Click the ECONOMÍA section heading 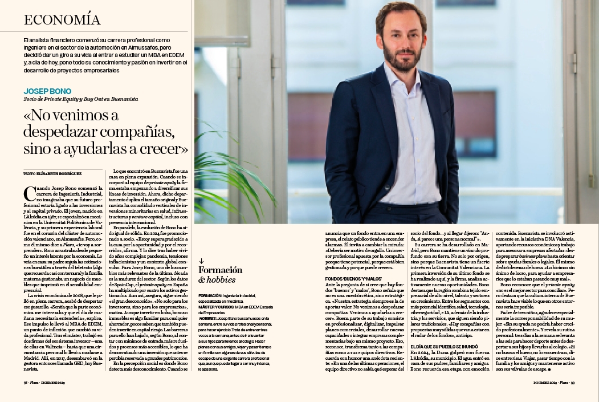pyautogui.click(x=63, y=20)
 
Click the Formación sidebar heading pyautogui.click(x=217, y=270)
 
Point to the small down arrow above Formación pyautogui.click(x=201, y=261)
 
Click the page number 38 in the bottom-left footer pyautogui.click(x=26, y=383)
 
